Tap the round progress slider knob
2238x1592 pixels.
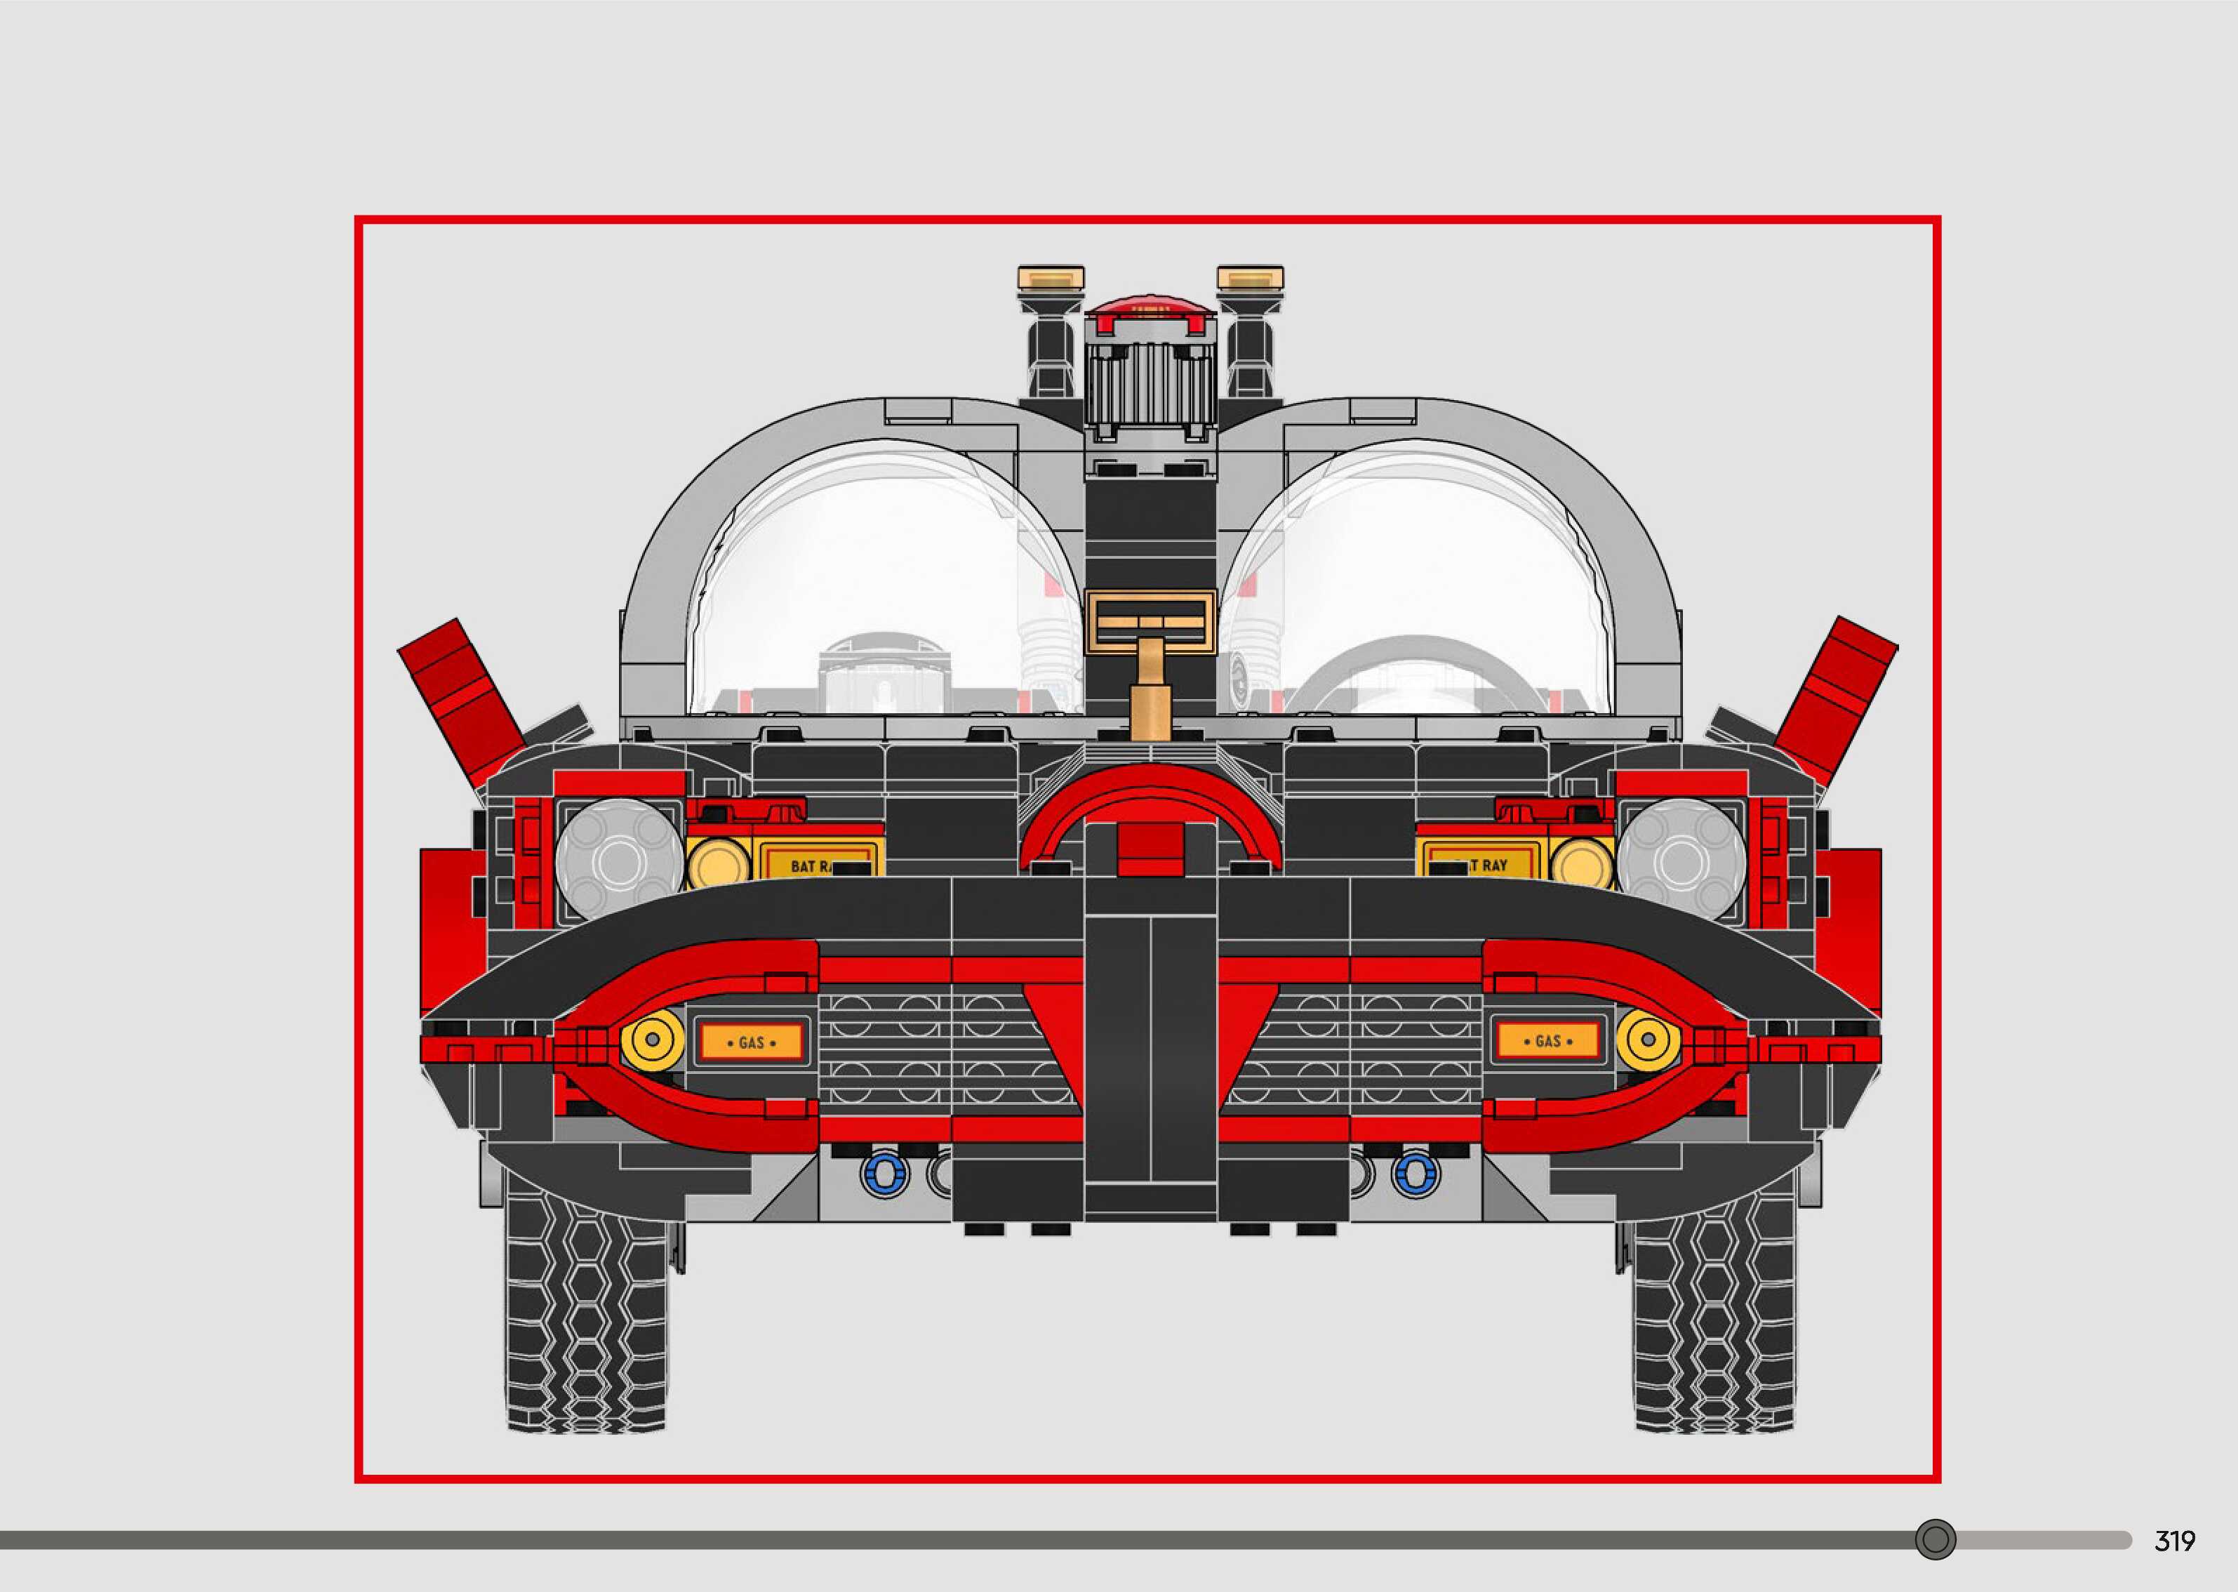(1936, 1539)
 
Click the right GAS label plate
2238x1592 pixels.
(1547, 1040)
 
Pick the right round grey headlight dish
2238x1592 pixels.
(1681, 858)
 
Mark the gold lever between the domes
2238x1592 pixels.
(1150, 686)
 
